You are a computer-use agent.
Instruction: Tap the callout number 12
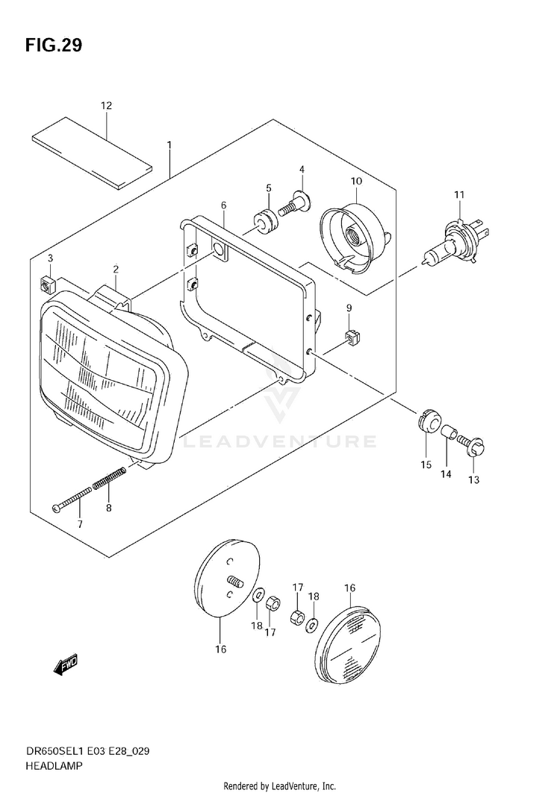[x=106, y=106]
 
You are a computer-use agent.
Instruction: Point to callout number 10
[x=355, y=181]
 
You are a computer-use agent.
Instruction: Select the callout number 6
[x=223, y=205]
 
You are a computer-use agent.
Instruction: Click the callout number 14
[x=446, y=474]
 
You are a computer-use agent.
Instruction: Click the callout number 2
[x=116, y=270]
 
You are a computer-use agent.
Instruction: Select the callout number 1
[x=169, y=143]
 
